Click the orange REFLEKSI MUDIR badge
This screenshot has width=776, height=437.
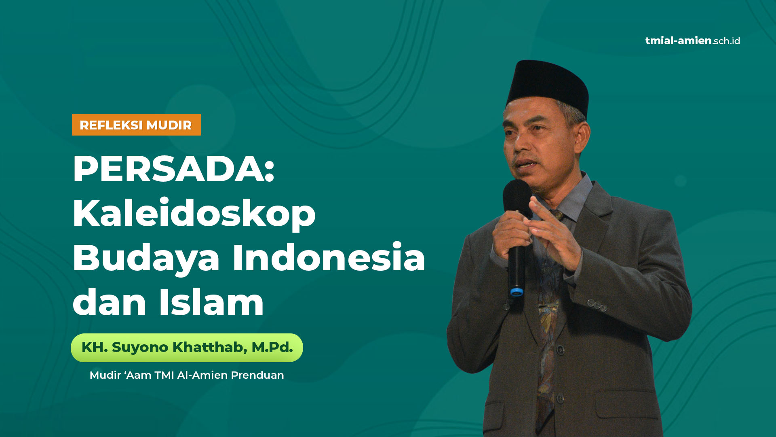click(137, 125)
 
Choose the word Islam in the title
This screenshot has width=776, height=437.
click(211, 302)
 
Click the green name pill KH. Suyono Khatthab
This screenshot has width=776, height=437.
click(187, 348)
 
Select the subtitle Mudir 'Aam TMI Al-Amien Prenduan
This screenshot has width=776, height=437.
click(187, 375)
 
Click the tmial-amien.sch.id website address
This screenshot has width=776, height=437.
click(693, 41)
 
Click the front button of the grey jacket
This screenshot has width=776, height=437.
click(560, 399)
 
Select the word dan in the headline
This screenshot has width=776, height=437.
click(110, 302)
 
